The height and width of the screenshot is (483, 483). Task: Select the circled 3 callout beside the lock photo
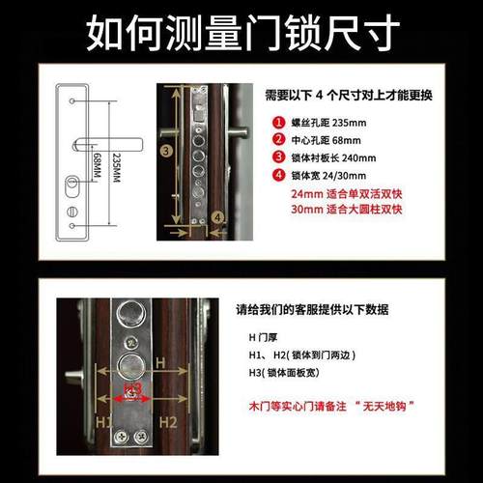[x=166, y=151]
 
